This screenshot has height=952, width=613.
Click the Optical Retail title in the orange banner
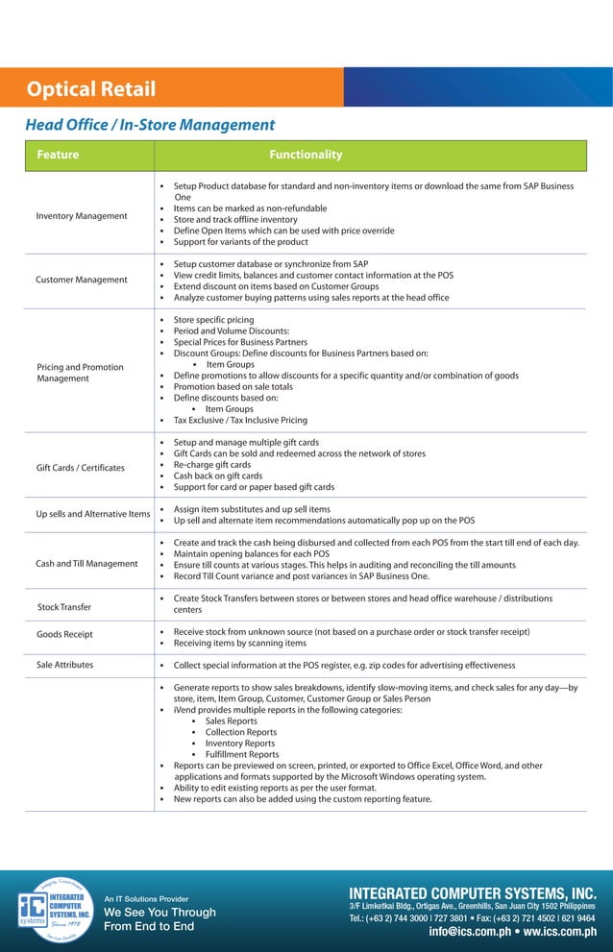[91, 89]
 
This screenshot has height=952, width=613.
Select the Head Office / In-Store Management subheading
[150, 125]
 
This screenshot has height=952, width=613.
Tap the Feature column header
[58, 155]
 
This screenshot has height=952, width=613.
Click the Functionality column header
[306, 155]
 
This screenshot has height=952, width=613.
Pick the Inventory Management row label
[82, 216]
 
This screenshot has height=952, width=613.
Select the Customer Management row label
[82, 280]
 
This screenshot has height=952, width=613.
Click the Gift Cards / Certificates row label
[81, 468]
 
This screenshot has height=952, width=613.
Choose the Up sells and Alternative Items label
[93, 514]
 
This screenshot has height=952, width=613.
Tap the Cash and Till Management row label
[86, 563]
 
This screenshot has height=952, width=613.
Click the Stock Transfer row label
[64, 607]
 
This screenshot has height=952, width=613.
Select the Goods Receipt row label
[64, 635]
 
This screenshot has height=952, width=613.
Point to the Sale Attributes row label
[65, 665]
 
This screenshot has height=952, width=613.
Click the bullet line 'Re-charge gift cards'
[212, 465]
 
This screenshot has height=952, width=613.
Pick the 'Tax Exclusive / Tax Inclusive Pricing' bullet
[240, 420]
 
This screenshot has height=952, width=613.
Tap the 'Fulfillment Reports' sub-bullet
[242, 754]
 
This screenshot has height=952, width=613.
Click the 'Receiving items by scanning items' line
[240, 643]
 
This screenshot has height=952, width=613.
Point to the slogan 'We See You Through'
[159, 912]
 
